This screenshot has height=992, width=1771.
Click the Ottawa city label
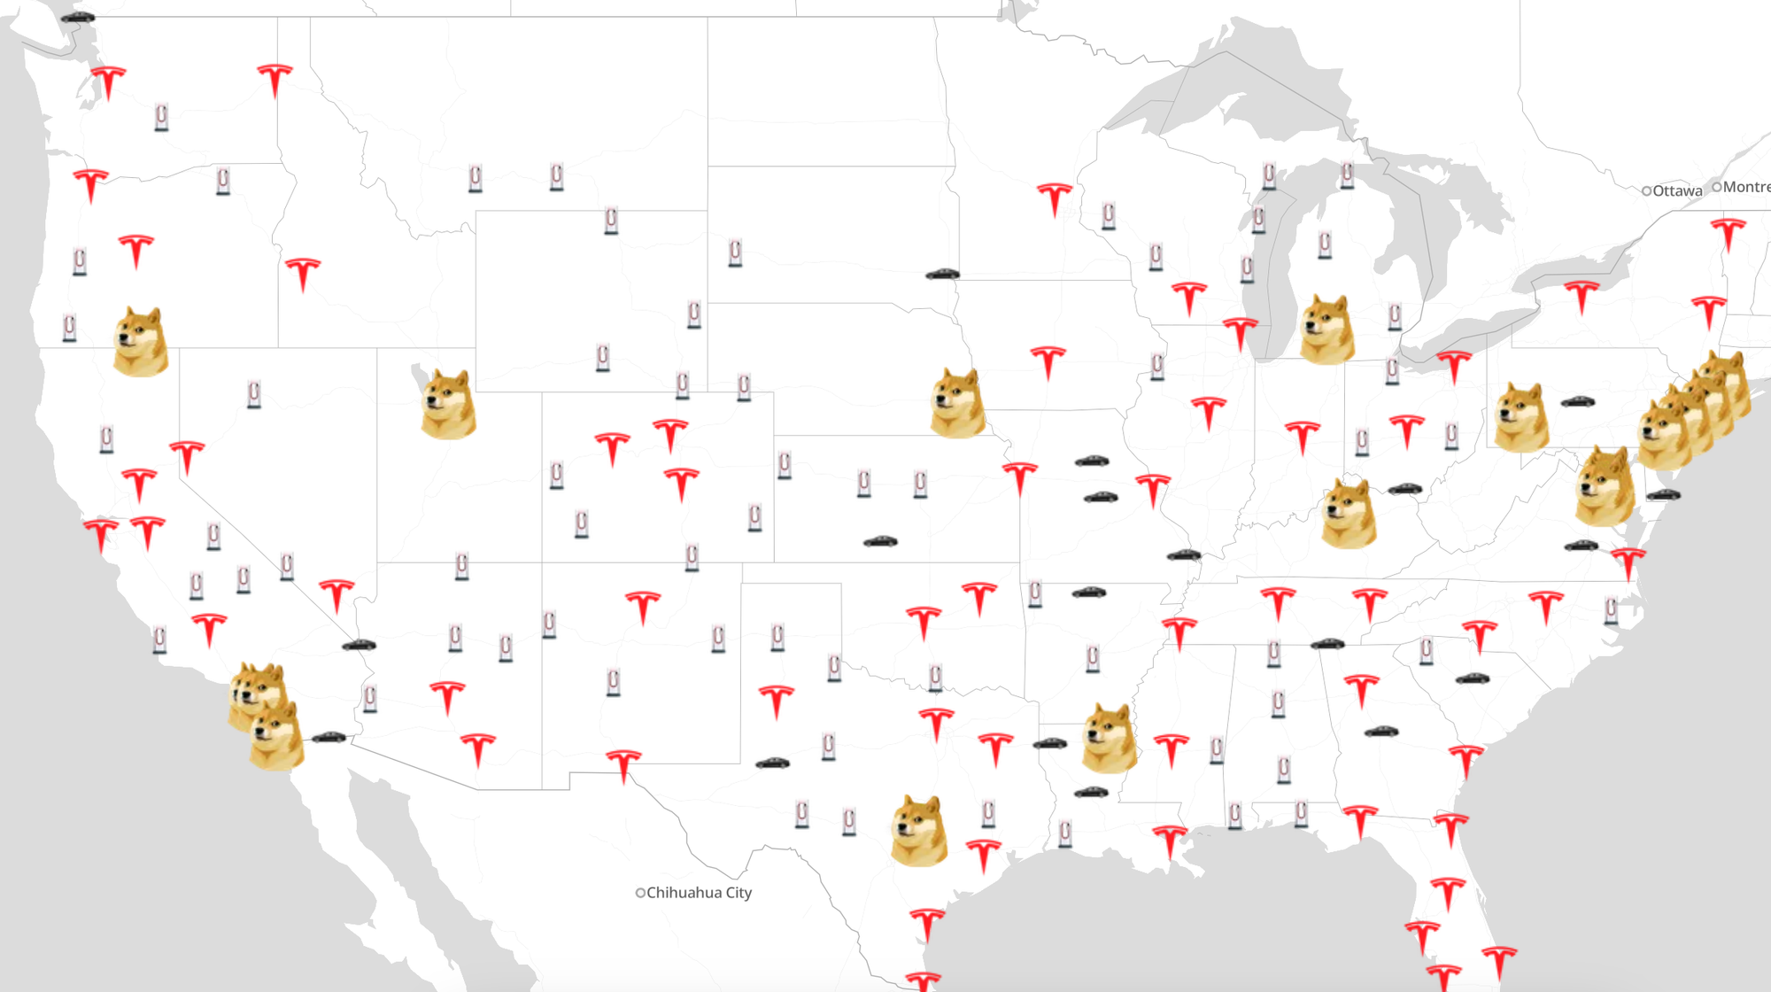click(1676, 190)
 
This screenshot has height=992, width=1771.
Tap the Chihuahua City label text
click(699, 893)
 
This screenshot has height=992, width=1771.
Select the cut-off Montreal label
click(1746, 187)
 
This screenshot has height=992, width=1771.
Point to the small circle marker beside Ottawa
click(1646, 190)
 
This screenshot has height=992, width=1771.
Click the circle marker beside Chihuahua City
click(640, 893)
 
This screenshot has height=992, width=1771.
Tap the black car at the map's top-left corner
click(78, 17)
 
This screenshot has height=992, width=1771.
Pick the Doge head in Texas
click(918, 830)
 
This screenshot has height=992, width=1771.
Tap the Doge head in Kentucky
click(1349, 513)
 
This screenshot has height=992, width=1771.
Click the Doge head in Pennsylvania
click(1521, 417)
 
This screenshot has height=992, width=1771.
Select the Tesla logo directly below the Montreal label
click(1728, 235)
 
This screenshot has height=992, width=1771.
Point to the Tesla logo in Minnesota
click(1054, 199)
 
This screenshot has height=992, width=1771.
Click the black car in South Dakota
click(942, 275)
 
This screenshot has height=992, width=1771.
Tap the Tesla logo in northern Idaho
click(275, 80)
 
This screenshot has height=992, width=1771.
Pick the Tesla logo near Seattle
click(108, 82)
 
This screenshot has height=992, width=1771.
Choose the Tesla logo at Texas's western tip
click(623, 766)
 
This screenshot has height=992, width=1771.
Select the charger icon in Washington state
click(161, 116)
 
